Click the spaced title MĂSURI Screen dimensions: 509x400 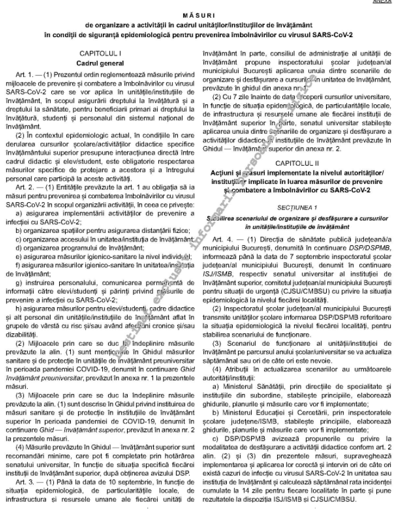199,14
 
